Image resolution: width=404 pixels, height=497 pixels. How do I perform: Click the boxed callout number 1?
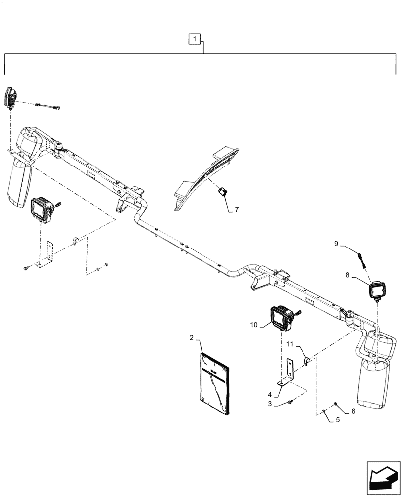coord(195,38)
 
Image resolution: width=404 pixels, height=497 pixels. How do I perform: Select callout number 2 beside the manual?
coord(191,338)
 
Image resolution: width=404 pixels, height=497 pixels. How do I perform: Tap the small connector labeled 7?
coord(222,191)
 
